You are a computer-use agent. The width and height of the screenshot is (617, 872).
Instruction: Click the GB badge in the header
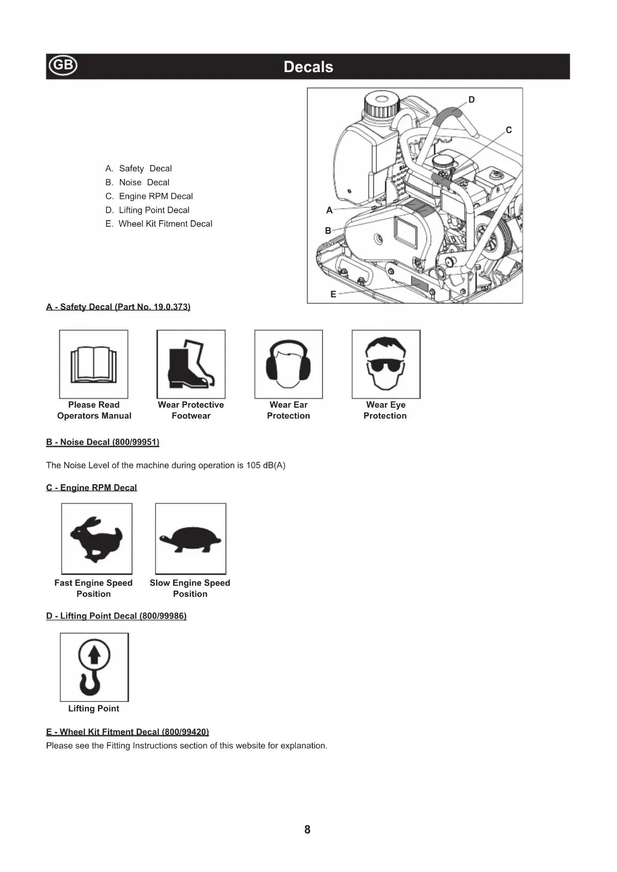63,65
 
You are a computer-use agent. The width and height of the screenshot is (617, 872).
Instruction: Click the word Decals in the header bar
308,67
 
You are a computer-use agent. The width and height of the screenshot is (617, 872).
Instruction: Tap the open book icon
93,364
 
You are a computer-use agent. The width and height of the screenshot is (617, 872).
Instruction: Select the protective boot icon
191,364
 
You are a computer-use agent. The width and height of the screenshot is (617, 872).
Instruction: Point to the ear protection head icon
288,364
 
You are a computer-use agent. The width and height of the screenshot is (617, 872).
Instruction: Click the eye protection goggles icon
386,364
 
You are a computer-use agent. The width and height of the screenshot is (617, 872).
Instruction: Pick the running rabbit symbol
96,538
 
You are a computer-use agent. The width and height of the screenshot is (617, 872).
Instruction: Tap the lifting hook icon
94,667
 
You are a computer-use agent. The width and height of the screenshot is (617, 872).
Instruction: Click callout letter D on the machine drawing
471,100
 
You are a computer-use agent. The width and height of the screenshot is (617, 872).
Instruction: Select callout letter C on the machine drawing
509,130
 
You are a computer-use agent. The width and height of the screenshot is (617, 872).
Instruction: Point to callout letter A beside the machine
329,210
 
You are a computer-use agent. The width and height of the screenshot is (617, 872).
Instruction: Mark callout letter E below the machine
333,294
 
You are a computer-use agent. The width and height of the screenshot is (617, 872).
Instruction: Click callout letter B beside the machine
328,231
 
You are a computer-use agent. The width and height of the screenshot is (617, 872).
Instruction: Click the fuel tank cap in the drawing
381,104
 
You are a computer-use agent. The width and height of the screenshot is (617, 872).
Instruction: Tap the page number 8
307,829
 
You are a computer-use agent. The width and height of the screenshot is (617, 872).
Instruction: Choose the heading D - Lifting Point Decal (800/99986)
116,616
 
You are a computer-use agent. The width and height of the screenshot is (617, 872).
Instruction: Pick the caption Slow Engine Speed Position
190,588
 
